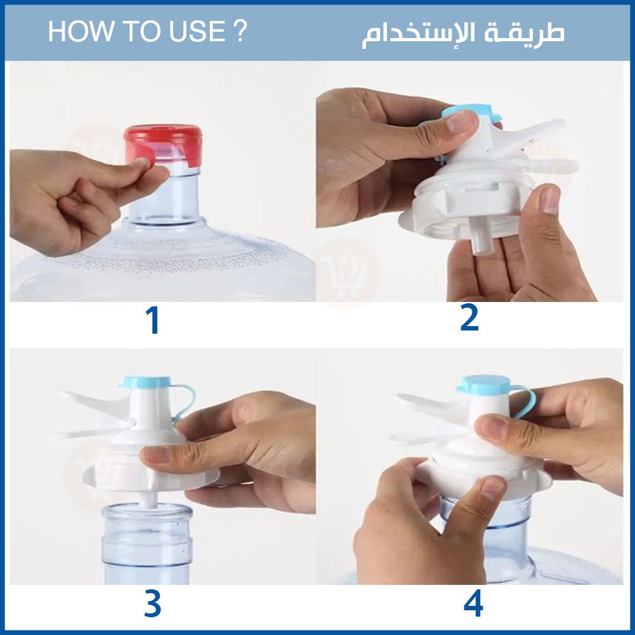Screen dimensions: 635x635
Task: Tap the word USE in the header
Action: point(197,31)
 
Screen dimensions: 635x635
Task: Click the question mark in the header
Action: point(240,31)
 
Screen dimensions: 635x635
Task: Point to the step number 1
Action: point(153,320)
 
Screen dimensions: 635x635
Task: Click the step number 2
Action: point(470,318)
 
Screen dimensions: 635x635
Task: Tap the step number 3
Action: point(153,604)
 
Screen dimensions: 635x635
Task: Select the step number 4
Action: point(473,603)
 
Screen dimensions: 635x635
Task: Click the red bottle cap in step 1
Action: point(163,144)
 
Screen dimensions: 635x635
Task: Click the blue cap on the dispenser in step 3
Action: point(147,381)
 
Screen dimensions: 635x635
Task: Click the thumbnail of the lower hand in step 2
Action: point(551,200)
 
